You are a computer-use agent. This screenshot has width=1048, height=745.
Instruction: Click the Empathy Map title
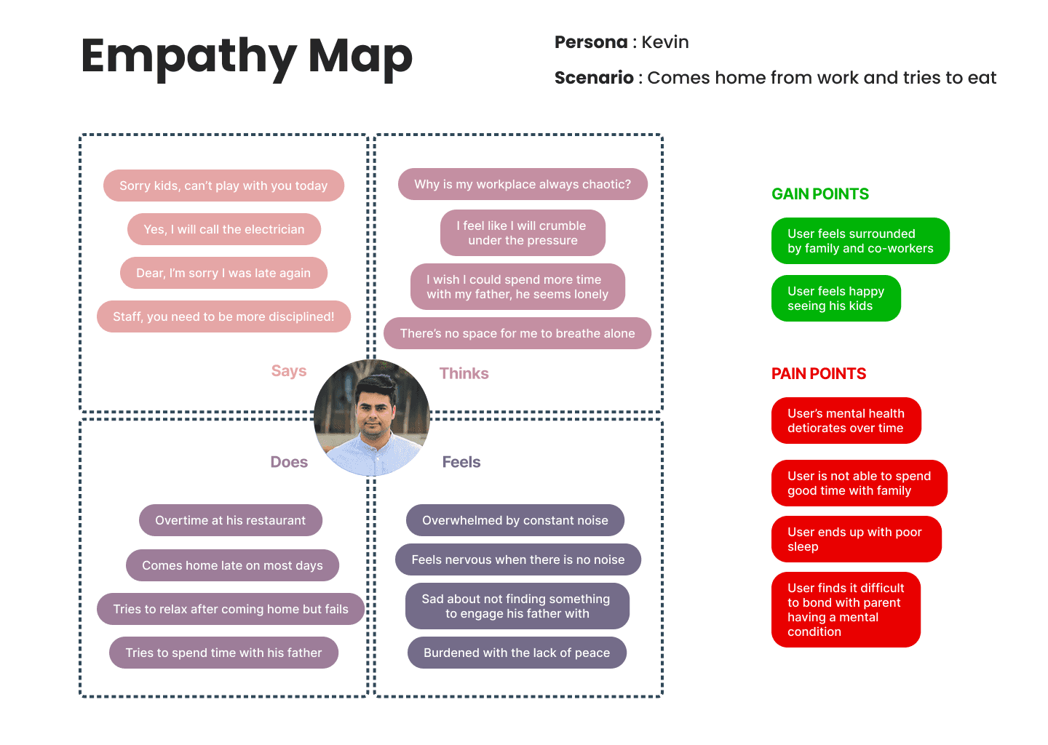point(247,57)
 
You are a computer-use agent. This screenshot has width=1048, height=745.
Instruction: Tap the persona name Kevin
point(664,42)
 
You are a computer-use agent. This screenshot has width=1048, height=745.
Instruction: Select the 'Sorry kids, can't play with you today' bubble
point(223,186)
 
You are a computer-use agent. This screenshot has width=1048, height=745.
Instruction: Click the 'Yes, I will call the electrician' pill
point(224,229)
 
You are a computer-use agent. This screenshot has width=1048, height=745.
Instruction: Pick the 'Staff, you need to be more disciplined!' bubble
point(223,316)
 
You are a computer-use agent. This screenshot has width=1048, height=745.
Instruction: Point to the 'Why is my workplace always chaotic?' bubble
point(523,184)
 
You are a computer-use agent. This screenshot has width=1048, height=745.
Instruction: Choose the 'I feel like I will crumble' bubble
point(523,233)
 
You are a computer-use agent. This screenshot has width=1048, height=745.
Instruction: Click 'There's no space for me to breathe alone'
point(517,333)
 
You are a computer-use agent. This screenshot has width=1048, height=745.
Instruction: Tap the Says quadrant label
point(289,371)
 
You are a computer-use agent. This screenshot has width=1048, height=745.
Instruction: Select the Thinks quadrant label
point(464,373)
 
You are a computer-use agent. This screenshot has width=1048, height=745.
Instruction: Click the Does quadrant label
point(289,462)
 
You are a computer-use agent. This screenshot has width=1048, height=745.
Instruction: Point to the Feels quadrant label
point(461,462)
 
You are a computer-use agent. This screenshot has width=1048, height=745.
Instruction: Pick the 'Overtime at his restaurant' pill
point(230,520)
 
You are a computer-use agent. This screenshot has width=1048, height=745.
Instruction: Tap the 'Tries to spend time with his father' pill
point(223,653)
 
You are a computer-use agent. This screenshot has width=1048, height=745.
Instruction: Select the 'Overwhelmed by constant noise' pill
point(515,520)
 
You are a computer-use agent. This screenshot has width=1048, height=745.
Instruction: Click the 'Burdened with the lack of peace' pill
point(517,653)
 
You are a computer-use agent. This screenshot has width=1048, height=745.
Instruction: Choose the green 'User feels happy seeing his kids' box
point(835,298)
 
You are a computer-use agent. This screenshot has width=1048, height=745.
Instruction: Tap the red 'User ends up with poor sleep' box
point(856,539)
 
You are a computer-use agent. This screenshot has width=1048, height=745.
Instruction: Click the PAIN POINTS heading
point(819,374)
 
